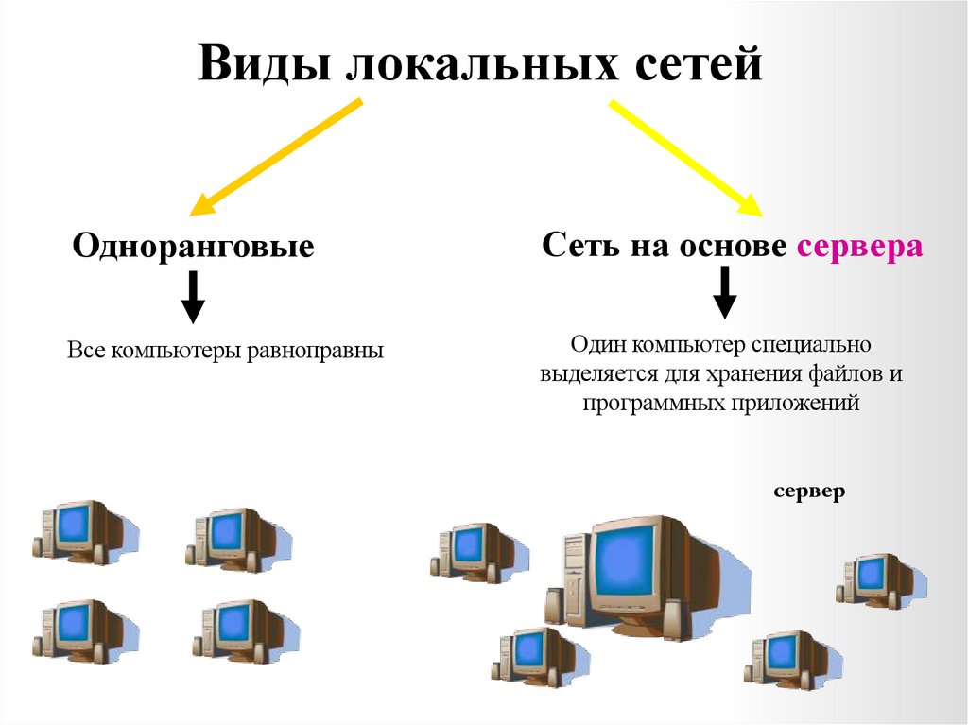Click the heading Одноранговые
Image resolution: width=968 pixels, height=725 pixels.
pyautogui.click(x=193, y=248)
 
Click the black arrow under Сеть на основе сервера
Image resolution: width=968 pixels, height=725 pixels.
pyautogui.click(x=724, y=292)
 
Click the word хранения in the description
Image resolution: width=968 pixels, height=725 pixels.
pyautogui.click(x=754, y=373)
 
